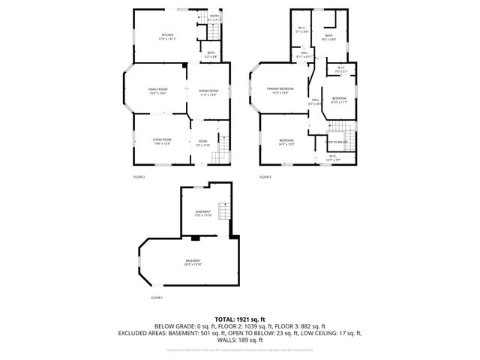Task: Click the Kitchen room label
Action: (x=167, y=37)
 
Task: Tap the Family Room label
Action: (x=157, y=91)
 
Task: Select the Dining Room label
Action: (x=208, y=92)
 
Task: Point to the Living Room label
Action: (x=162, y=141)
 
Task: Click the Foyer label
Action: (x=202, y=142)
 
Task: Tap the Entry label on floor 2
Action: (x=214, y=17)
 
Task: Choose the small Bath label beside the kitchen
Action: (x=211, y=54)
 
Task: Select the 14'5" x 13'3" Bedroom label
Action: (x=286, y=142)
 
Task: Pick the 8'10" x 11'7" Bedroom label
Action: (x=340, y=100)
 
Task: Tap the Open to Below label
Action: (x=337, y=142)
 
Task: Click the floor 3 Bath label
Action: (x=328, y=37)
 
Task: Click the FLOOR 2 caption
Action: (x=139, y=177)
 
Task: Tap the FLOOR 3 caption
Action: (x=265, y=177)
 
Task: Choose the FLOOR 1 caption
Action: (x=156, y=298)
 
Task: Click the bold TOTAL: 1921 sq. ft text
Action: (x=240, y=319)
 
